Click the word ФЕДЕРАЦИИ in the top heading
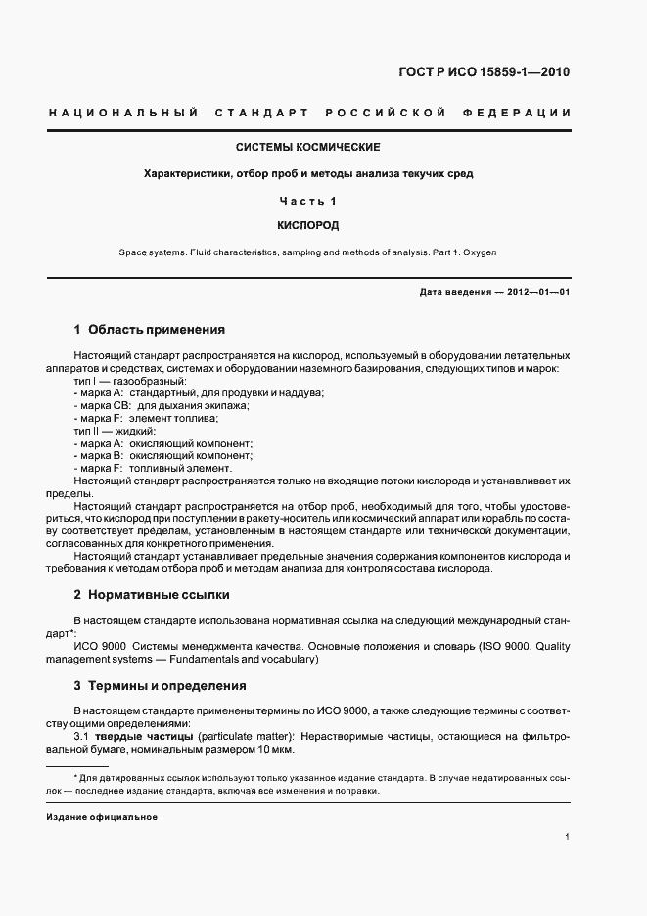point(520,114)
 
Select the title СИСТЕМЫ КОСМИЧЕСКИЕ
point(308,148)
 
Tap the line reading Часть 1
point(308,201)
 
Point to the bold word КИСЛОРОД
point(308,225)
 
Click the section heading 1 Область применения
point(150,330)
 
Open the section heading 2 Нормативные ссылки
point(153,595)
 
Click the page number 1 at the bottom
point(568,838)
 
